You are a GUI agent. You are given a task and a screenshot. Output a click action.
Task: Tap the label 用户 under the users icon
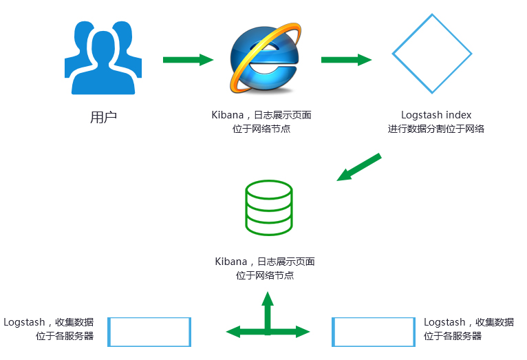point(103,117)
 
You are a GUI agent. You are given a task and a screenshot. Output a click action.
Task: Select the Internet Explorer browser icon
point(265,59)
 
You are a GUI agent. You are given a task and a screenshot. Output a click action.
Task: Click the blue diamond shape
point(432,54)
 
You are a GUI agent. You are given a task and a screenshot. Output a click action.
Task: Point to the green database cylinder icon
point(268,208)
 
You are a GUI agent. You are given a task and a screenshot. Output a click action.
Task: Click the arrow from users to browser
point(188,60)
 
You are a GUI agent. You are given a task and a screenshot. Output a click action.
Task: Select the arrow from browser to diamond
point(346,60)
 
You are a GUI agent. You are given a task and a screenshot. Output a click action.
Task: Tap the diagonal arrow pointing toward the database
point(358,168)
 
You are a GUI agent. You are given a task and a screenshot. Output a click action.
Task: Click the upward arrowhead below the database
point(268,299)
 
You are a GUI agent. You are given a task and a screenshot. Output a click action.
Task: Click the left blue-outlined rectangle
point(150,332)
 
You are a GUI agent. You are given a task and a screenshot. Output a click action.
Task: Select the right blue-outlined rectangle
point(373,332)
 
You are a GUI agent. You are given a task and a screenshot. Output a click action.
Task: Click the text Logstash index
point(436,115)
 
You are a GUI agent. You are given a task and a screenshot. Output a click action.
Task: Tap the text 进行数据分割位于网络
point(436,129)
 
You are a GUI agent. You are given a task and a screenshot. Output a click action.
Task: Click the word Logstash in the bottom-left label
point(24,322)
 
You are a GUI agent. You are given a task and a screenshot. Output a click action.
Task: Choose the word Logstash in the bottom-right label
point(444,322)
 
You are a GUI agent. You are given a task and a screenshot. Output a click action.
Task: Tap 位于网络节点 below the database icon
point(265,275)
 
